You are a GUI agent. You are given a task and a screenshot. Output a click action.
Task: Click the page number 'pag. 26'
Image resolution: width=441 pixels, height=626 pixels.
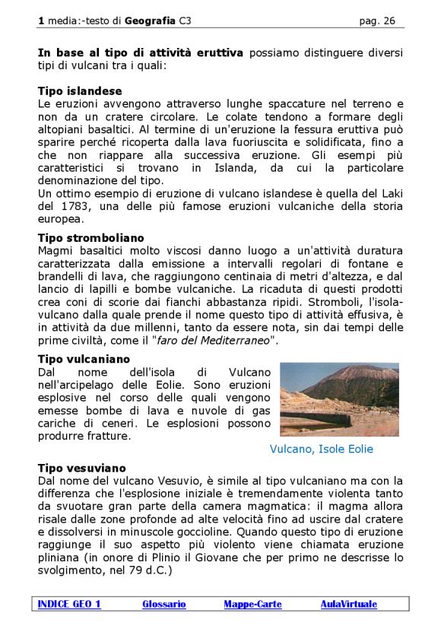pos(376,21)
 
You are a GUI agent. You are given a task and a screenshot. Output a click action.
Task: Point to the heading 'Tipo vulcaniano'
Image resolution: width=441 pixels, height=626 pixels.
pos(84,358)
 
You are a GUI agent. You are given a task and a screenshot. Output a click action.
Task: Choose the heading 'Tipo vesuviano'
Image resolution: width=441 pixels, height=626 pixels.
pos(81,468)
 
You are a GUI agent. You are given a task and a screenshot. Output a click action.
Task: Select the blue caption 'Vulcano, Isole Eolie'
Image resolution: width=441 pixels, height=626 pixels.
pos(322,449)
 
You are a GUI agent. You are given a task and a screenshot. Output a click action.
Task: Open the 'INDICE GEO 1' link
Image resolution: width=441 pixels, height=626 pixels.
pos(69,604)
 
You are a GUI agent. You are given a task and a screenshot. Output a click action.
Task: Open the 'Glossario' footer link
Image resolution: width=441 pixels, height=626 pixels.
pos(163,604)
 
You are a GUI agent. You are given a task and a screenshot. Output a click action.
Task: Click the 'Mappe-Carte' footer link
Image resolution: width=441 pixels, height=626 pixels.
pos(252,604)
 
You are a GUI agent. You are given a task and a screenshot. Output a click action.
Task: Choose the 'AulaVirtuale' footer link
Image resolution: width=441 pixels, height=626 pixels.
pos(348,604)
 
